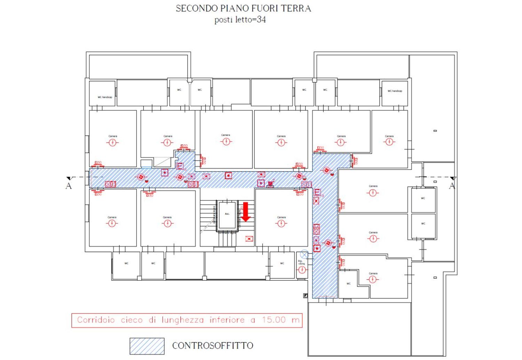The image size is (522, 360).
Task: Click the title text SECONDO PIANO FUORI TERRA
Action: (x=243, y=8)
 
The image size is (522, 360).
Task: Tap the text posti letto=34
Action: (x=240, y=19)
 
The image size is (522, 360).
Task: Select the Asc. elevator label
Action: (x=227, y=214)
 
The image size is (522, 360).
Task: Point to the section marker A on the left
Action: (x=69, y=186)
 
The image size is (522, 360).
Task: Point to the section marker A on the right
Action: (x=452, y=186)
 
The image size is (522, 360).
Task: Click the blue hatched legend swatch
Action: (x=147, y=346)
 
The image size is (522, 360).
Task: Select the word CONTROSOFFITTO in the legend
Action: (x=213, y=346)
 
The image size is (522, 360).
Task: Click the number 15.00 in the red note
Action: (x=274, y=320)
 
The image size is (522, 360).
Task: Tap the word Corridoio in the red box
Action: (x=96, y=320)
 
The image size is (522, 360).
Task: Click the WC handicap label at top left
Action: (x=105, y=97)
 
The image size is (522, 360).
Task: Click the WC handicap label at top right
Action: (x=395, y=91)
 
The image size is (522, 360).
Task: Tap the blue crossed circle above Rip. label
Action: (x=304, y=255)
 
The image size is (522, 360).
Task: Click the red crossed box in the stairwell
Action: (x=249, y=239)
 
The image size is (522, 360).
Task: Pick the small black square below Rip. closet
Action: (x=305, y=296)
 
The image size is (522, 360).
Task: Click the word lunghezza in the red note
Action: (x=182, y=320)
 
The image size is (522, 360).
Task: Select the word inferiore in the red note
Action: (x=227, y=320)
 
